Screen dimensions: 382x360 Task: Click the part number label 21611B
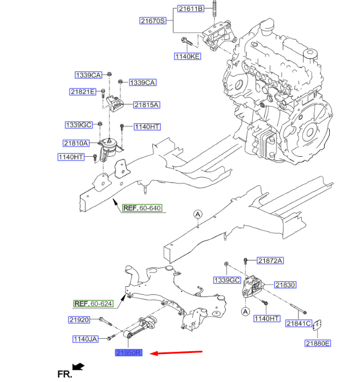coord(190,9)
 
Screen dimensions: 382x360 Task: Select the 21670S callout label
coord(153,21)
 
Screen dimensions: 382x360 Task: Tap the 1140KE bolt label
coord(188,56)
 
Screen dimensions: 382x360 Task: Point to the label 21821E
coord(83,91)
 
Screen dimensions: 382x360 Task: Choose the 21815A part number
coord(147,105)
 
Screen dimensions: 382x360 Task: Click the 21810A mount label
coord(76,144)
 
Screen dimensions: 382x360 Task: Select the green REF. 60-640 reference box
coord(143,208)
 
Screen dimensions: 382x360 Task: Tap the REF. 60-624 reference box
coord(94,304)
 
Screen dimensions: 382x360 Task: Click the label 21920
coord(79,320)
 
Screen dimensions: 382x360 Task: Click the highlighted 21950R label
coord(132,353)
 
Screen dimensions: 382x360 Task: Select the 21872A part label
coord(270,261)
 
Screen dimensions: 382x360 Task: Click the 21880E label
coord(318,343)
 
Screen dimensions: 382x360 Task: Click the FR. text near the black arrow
coord(64,374)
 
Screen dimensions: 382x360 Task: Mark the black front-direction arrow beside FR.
coord(78,366)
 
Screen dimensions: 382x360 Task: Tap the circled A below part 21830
coord(245,312)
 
